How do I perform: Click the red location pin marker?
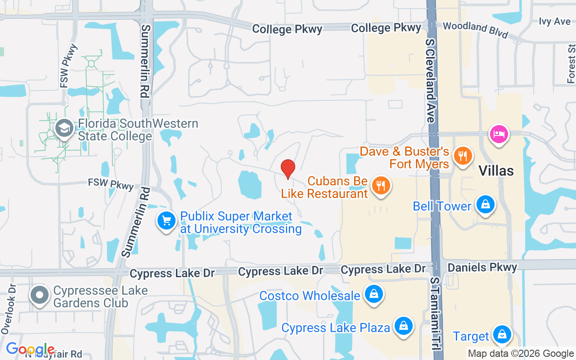[288, 169]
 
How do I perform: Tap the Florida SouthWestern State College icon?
[64, 128]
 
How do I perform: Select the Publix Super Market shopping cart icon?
[166, 221]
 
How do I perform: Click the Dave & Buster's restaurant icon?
[462, 156]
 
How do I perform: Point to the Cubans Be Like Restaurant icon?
[381, 185]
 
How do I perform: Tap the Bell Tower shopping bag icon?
[485, 205]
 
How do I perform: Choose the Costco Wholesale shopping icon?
[373, 295]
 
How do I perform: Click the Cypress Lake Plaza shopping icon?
[404, 326]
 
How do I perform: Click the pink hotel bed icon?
[499, 134]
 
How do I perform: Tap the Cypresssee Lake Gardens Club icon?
[40, 295]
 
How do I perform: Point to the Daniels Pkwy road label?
[482, 268]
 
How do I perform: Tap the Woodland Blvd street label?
[475, 30]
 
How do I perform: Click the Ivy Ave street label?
[554, 22]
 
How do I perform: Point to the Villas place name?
[496, 171]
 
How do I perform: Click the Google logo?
[30, 349]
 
